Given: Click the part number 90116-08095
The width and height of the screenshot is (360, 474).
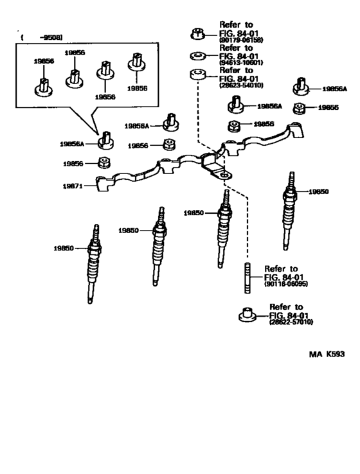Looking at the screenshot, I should [285, 283].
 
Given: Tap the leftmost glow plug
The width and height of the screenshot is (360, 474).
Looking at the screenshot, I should [94, 263].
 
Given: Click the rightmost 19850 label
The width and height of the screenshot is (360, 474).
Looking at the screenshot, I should [318, 191].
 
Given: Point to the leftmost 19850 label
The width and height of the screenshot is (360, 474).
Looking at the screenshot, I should [64, 247].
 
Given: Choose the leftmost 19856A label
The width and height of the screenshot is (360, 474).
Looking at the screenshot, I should [72, 144].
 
